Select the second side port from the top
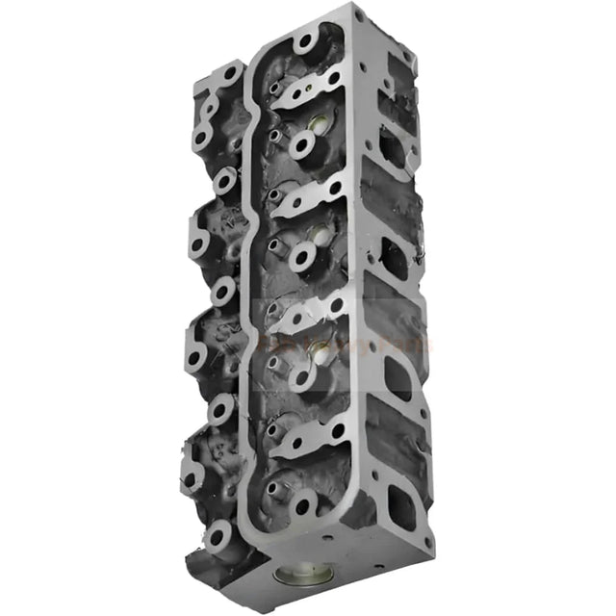pos(395,258)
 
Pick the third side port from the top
pos(398,376)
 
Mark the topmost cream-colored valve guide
pos(317,125)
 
